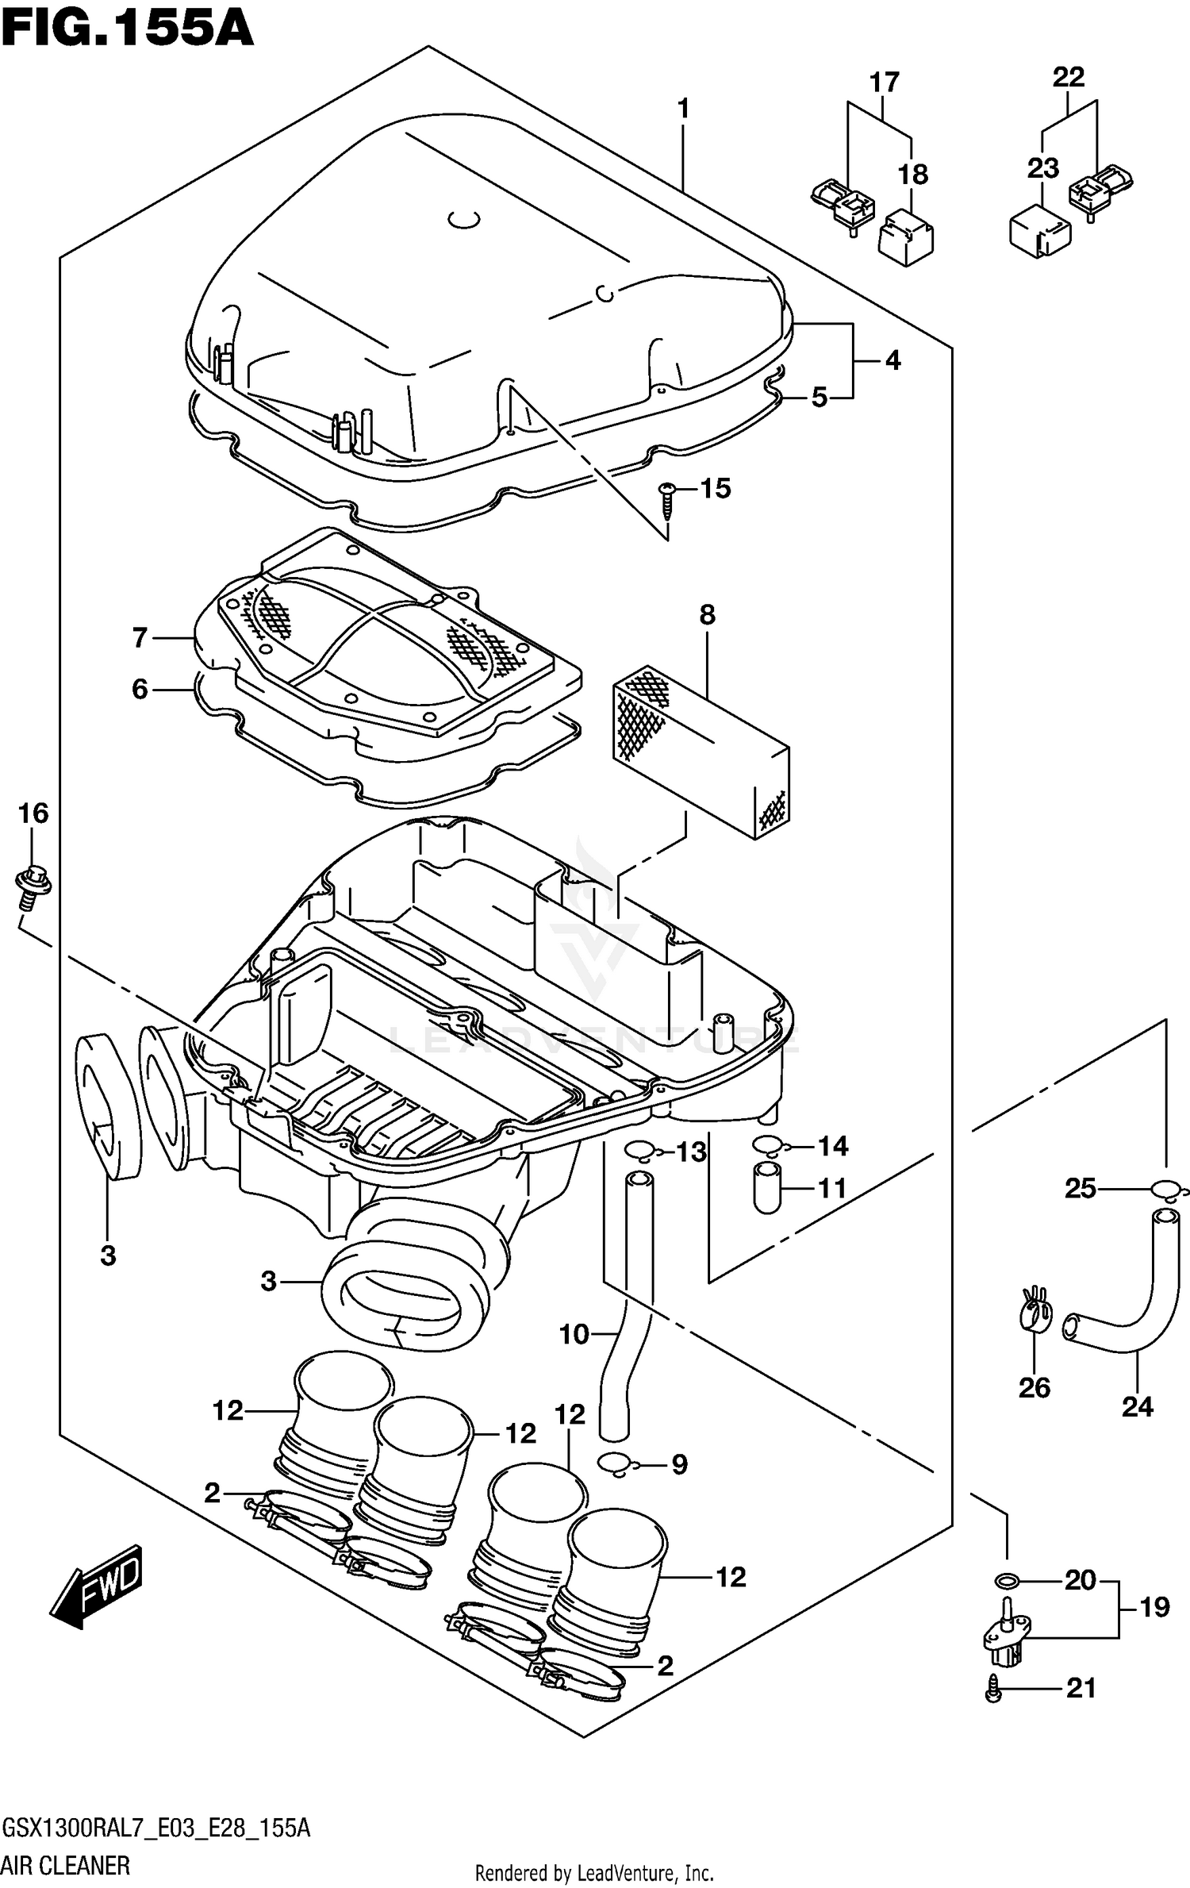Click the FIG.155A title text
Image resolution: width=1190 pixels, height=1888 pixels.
tap(127, 29)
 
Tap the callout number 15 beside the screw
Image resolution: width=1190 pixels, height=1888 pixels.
tap(715, 489)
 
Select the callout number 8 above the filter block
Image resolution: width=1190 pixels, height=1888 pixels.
tap(707, 615)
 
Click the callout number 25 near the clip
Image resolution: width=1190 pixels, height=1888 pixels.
tap(1080, 1189)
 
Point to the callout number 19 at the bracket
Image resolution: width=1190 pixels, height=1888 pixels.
tap(1154, 1608)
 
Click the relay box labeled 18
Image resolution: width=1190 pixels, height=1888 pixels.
tap(906, 236)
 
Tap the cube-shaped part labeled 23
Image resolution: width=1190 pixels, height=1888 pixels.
tap(1039, 231)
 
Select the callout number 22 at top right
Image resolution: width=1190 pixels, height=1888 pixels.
tap(1068, 77)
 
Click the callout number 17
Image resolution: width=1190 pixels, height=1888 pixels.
tap(884, 82)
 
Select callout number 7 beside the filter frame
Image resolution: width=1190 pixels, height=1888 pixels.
tap(140, 637)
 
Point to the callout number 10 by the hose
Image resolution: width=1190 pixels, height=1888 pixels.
tap(574, 1335)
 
